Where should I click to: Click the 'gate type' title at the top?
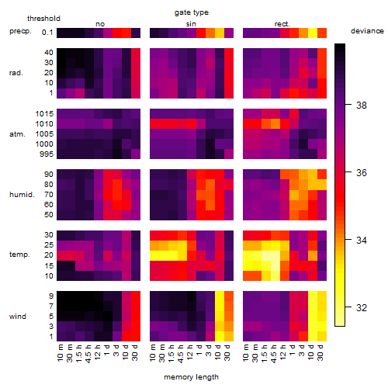click(192, 12)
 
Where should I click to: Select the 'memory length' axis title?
click(191, 377)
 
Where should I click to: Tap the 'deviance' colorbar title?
click(367, 31)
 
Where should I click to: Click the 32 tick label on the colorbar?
click(362, 307)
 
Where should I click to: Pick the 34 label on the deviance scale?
click(362, 241)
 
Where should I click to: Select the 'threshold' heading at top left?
click(43, 19)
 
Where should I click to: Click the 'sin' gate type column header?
click(191, 24)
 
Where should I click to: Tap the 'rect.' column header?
click(282, 24)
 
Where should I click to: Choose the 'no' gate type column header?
click(100, 24)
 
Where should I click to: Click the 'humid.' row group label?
click(22, 195)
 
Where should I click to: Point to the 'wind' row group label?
click(18, 317)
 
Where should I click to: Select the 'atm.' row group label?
click(17, 134)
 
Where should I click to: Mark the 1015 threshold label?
click(44, 114)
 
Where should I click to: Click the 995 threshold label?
click(47, 154)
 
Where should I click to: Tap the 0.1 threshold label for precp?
click(47, 33)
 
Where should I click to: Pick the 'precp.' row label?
click(20, 31)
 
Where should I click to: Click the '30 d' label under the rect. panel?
click(320, 353)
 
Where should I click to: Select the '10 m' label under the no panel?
click(60, 353)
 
